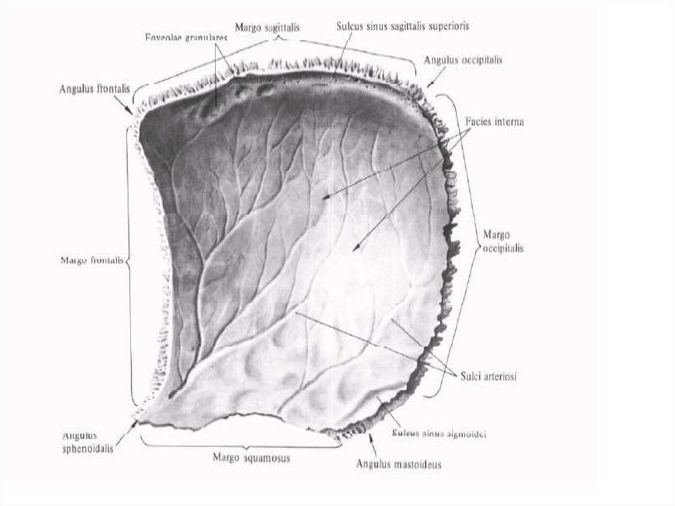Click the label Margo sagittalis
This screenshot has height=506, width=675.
pyautogui.click(x=267, y=27)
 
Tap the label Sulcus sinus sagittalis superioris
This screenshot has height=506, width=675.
pyautogui.click(x=402, y=26)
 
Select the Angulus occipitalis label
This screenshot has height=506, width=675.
pyautogui.click(x=463, y=60)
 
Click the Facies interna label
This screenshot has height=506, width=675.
pyautogui.click(x=494, y=123)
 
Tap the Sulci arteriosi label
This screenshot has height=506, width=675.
pyautogui.click(x=488, y=376)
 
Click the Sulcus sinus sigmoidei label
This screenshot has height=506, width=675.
pyautogui.click(x=439, y=435)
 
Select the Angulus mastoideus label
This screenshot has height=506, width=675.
pyautogui.click(x=399, y=464)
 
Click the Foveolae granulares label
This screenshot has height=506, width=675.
pyautogui.click(x=186, y=38)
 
